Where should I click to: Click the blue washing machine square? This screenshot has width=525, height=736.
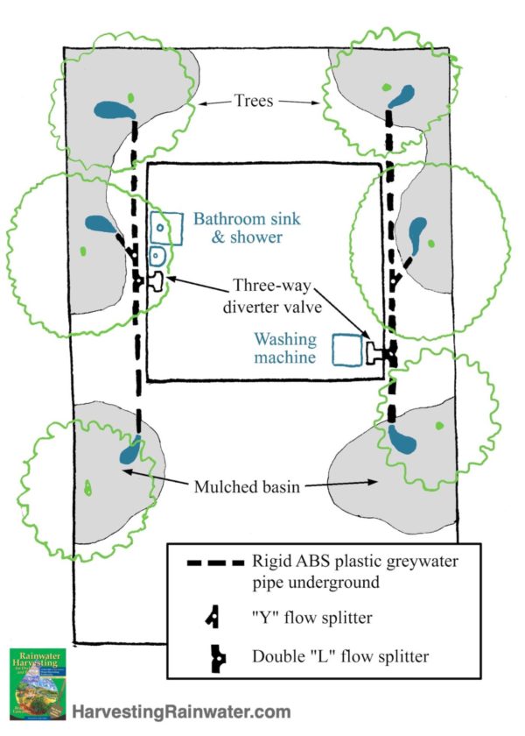pos(348,349)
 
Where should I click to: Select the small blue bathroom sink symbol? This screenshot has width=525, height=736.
pos(158,258)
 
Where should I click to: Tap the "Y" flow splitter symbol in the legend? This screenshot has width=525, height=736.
pos(213,618)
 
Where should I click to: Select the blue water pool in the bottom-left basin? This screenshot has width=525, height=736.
pos(129,454)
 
